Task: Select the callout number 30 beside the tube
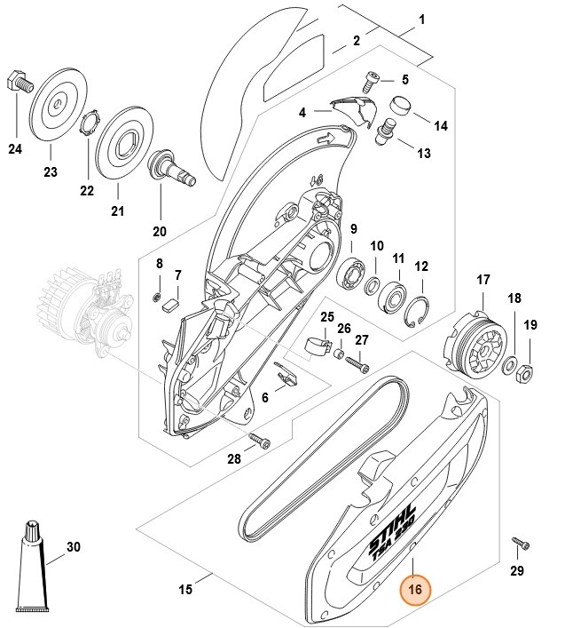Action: click(73, 547)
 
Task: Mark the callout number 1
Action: click(421, 19)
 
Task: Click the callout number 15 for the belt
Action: click(185, 589)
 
